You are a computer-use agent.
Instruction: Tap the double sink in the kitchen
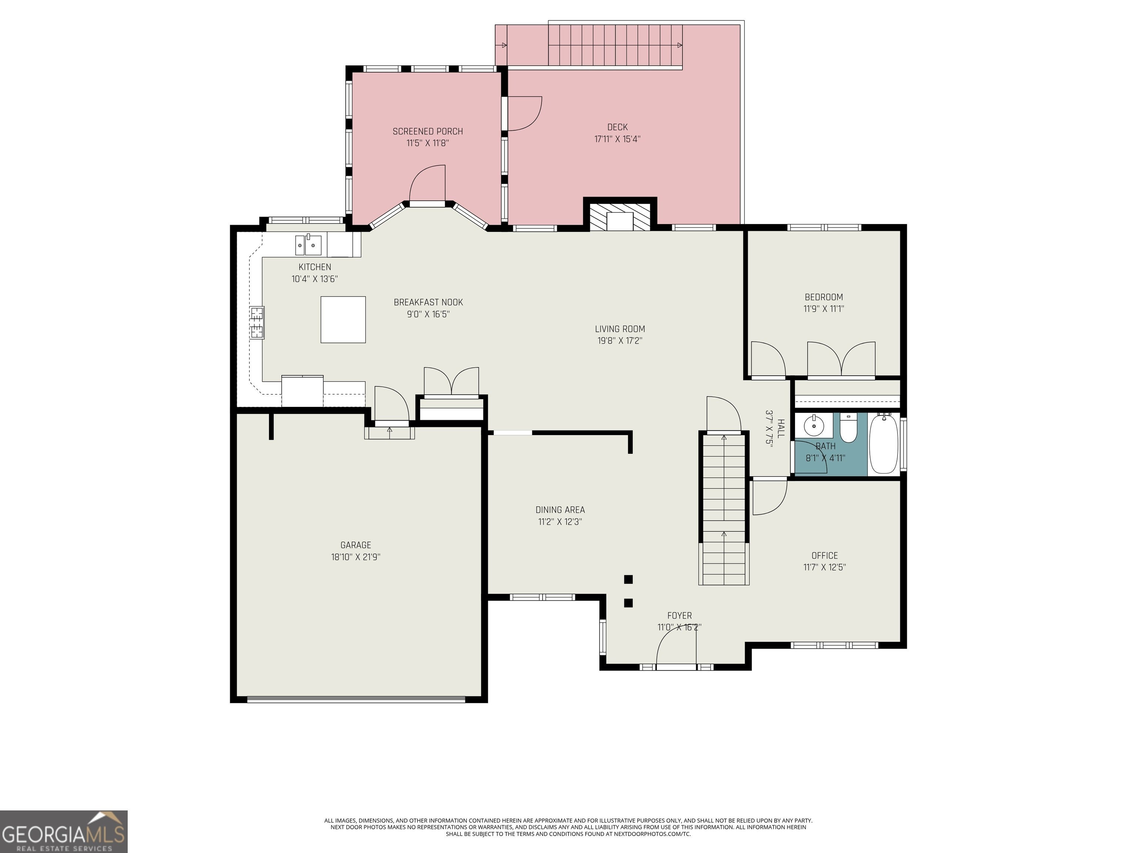[308, 245]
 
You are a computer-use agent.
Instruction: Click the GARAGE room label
[356, 545]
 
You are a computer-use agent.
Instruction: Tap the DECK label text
[617, 127]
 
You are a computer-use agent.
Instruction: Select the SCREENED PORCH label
[427, 132]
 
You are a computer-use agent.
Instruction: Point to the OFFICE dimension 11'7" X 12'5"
[825, 567]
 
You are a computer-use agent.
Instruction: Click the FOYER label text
[680, 615]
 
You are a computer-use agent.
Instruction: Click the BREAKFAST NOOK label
[428, 302]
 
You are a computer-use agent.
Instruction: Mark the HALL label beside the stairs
[781, 428]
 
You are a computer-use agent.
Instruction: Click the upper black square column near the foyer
[628, 579]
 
